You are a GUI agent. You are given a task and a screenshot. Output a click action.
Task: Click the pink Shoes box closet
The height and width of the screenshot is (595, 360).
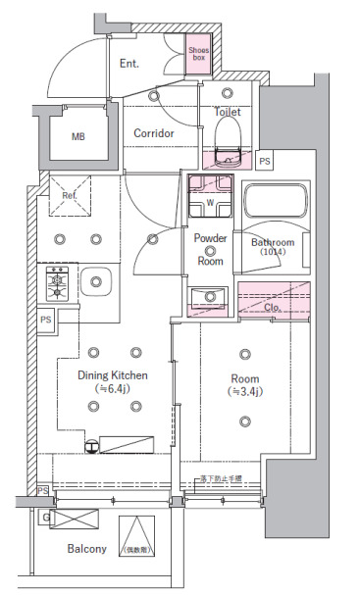click(199, 55)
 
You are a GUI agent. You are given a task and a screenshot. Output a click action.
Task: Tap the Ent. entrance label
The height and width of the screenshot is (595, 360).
click(129, 64)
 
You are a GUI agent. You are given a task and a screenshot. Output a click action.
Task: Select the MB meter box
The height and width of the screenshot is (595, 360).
click(77, 136)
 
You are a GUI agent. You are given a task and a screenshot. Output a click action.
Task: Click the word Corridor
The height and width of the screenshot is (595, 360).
click(154, 132)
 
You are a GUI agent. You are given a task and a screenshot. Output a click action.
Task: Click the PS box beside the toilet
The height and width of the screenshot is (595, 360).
click(265, 161)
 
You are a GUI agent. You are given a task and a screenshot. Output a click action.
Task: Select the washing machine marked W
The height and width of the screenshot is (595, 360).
click(210, 202)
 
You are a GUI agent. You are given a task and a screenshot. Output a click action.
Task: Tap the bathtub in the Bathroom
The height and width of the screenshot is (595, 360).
click(275, 203)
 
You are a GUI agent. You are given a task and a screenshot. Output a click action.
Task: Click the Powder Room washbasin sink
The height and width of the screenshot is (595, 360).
click(209, 297)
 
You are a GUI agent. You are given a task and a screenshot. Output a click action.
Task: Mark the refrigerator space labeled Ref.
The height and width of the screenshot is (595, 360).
click(69, 195)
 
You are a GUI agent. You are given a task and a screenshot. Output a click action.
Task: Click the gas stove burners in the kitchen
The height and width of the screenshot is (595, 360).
click(57, 283)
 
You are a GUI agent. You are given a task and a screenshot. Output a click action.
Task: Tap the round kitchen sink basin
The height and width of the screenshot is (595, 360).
click(96, 283)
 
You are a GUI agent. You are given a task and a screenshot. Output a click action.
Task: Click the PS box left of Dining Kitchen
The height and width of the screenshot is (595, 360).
click(46, 320)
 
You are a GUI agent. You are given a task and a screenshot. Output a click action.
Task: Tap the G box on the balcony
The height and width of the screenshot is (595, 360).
click(46, 516)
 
